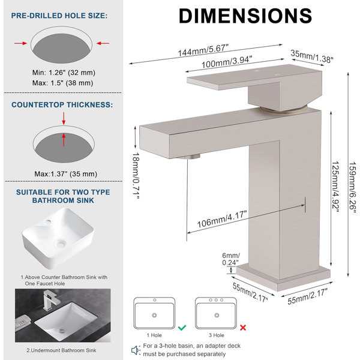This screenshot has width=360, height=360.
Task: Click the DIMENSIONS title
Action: pos(245,16)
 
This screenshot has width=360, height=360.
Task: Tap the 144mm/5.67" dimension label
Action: pos(203,50)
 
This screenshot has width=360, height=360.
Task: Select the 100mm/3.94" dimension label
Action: pos(227,62)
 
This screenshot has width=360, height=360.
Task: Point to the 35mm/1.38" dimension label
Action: pos(312,56)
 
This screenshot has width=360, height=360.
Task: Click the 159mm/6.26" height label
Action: pos(352,188)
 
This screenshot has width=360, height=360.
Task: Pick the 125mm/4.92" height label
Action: pos(335,187)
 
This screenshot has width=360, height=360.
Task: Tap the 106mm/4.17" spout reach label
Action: pos(222,219)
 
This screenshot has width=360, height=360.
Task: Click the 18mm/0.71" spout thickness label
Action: pos(136,176)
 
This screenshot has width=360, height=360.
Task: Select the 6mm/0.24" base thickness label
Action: pos(231,259)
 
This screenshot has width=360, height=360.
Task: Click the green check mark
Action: pos(182,328)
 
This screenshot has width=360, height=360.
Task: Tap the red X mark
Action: pos(243,328)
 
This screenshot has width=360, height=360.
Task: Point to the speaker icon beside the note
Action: pos(136,350)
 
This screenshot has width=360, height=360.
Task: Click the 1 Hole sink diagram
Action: pos(154,313)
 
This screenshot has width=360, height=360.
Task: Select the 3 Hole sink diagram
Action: pos(216,313)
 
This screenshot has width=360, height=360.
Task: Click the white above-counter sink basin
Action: pos(58,238)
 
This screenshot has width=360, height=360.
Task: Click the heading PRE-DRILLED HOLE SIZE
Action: pos(59,16)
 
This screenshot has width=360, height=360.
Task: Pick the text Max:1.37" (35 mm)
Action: pos(66,174)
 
